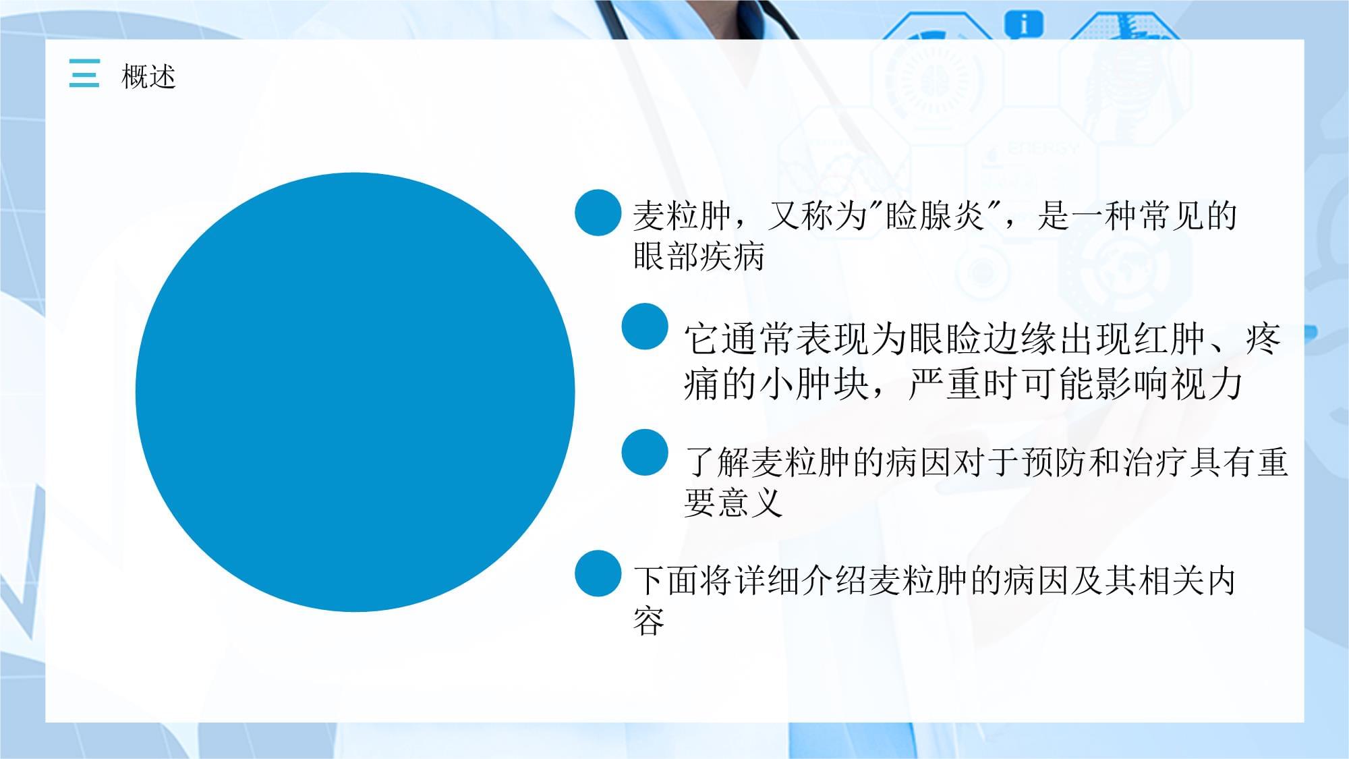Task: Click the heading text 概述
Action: [148, 76]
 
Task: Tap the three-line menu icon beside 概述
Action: [84, 73]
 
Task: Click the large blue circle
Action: [355, 392]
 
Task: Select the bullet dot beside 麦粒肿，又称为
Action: [598, 213]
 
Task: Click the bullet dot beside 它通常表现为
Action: [645, 327]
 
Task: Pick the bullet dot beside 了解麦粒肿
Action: [645, 452]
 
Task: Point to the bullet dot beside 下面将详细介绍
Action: [598, 573]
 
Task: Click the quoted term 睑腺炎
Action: [935, 216]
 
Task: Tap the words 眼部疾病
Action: [699, 256]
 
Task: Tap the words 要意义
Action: [733, 503]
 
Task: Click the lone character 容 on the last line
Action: [649, 621]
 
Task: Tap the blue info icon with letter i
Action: [1024, 24]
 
